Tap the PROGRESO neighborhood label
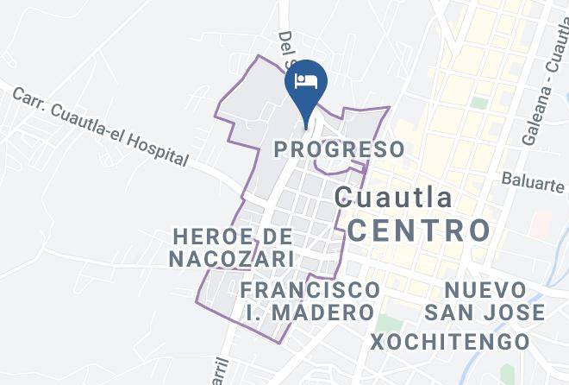339,148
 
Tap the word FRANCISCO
310,288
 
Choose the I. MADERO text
310,312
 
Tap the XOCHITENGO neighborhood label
450,341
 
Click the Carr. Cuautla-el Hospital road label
100,126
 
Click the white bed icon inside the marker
305,80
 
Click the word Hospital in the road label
156,148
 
